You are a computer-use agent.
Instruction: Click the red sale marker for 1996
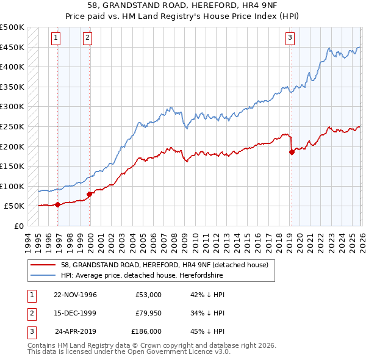point(58,205)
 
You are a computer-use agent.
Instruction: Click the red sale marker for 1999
point(90,194)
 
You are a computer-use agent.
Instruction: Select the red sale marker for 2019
point(292,153)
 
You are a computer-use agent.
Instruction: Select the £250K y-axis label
point(12,126)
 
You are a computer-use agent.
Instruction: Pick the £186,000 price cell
point(146,332)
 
